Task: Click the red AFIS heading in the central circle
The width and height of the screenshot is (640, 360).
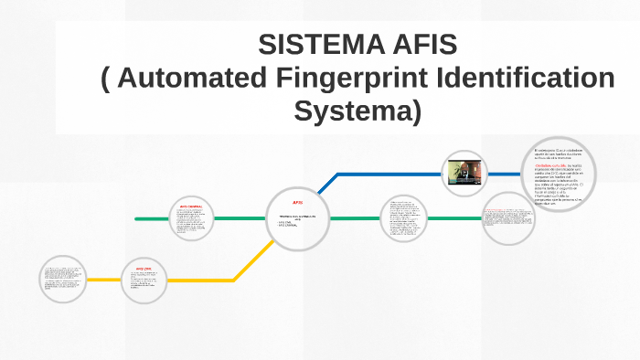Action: [x=297, y=202]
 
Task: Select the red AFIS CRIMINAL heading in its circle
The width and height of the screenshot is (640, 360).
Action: [x=191, y=207]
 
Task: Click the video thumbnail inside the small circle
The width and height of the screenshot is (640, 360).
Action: [x=464, y=172]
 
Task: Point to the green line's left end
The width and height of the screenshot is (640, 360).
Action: [x=137, y=219]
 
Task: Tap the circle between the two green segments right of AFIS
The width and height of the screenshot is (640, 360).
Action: [x=404, y=220]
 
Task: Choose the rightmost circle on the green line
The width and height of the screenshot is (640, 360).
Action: [x=508, y=219]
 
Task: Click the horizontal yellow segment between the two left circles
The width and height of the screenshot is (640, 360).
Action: [x=103, y=280]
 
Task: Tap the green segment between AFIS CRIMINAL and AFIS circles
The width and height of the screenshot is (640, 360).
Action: [x=240, y=219]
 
